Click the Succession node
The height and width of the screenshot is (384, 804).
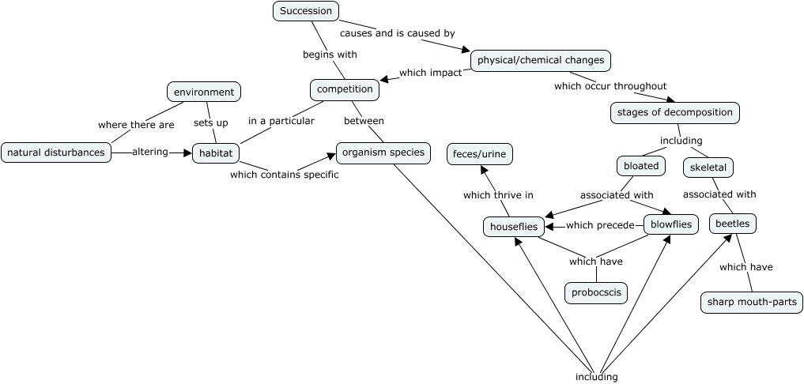(x=306, y=11)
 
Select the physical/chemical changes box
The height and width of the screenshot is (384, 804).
(x=541, y=60)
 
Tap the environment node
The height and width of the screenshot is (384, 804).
(x=204, y=92)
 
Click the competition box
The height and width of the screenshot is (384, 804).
(x=345, y=89)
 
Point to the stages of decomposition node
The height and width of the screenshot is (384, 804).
(x=675, y=112)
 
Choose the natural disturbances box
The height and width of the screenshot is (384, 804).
(x=55, y=152)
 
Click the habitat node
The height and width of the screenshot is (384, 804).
(x=215, y=152)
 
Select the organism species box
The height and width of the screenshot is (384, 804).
(x=383, y=152)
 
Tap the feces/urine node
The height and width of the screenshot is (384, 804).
(x=479, y=153)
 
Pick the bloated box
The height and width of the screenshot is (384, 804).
(x=640, y=166)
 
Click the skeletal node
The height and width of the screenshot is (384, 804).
(x=708, y=168)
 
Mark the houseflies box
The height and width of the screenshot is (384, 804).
(x=514, y=227)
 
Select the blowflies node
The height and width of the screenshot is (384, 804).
(x=671, y=224)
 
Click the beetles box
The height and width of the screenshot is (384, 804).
(x=732, y=224)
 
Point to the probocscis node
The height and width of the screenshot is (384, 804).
(x=596, y=293)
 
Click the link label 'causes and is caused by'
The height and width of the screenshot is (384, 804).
(x=397, y=33)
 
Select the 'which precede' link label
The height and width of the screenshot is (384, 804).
(x=600, y=225)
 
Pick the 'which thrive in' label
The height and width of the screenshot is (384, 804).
(x=498, y=194)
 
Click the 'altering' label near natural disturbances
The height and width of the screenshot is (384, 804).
(x=150, y=152)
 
